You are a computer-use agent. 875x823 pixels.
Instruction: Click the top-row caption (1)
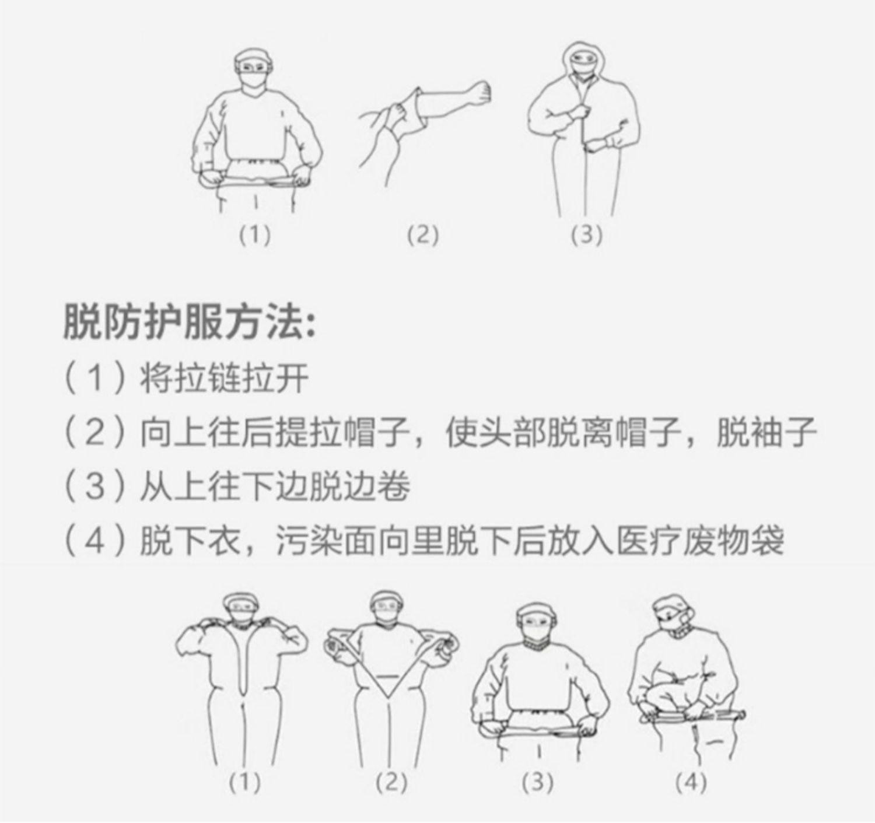pyautogui.click(x=255, y=235)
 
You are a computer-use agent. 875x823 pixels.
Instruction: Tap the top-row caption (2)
pyautogui.click(x=422, y=235)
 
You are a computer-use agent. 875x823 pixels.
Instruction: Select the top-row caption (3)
pyautogui.click(x=586, y=235)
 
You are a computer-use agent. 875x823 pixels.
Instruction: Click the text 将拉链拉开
pyautogui.click(x=224, y=379)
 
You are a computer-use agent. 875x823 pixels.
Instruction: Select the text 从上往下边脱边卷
pyautogui.click(x=275, y=487)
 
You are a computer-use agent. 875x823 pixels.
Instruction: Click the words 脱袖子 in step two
pyautogui.click(x=766, y=433)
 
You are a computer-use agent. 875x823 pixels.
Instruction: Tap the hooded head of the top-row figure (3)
pyautogui.click(x=584, y=64)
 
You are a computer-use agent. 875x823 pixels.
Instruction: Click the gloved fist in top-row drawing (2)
pyautogui.click(x=481, y=93)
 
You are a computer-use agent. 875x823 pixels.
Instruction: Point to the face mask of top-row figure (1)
pyautogui.click(x=253, y=82)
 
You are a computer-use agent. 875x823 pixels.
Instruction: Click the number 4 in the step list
pyautogui.click(x=94, y=541)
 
